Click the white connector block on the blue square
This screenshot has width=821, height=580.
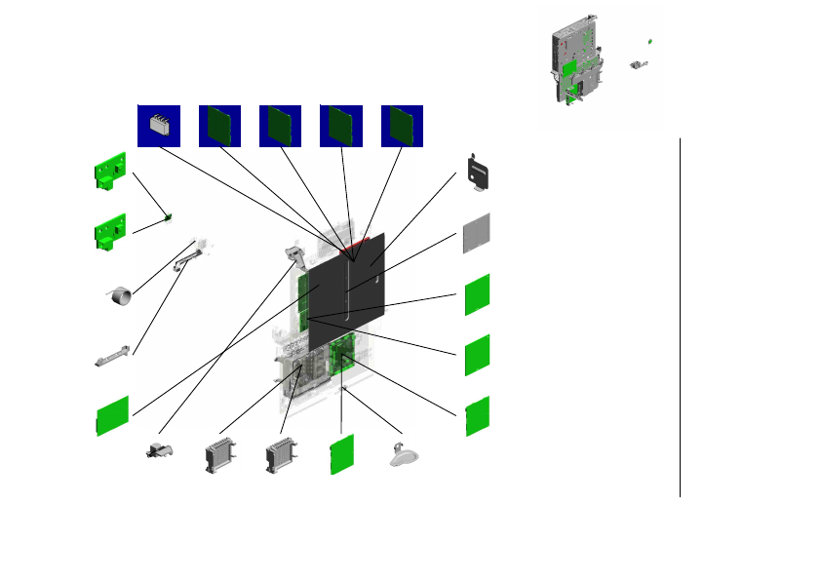pyautogui.click(x=159, y=125)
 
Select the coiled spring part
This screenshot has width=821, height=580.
pyautogui.click(x=120, y=294)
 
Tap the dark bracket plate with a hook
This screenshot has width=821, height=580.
pyautogui.click(x=479, y=173)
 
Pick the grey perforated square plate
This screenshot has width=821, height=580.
pyautogui.click(x=476, y=233)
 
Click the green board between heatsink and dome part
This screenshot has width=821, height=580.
pyautogui.click(x=340, y=454)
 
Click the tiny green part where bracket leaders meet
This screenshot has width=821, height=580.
pyautogui.click(x=170, y=218)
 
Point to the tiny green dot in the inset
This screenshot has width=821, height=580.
pyautogui.click(x=649, y=43)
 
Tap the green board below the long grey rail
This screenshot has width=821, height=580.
pyautogui.click(x=112, y=415)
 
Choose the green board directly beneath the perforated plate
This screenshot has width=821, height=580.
pyautogui.click(x=476, y=294)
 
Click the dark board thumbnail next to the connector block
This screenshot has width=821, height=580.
pyautogui.click(x=219, y=126)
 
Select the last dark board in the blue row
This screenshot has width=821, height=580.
pyautogui.click(x=401, y=126)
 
